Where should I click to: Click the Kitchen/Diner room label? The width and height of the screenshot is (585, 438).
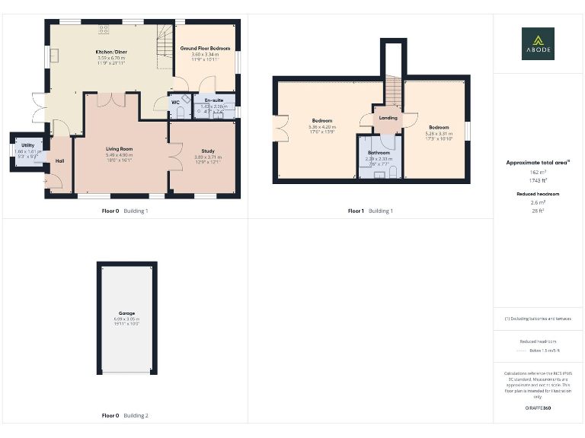click(x=112, y=52)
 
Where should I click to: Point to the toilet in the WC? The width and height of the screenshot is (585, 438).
click(x=181, y=113)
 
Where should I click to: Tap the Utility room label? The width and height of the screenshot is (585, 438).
click(x=27, y=144)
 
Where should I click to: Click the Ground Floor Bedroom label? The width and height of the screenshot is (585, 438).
click(x=205, y=48)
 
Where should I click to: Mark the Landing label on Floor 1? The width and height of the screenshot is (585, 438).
click(x=388, y=118)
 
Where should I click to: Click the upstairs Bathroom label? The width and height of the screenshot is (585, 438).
click(x=379, y=152)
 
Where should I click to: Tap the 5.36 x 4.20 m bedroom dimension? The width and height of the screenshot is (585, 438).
click(x=321, y=127)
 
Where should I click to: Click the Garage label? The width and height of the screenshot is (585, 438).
click(x=126, y=313)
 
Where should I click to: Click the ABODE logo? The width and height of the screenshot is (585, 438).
click(x=538, y=43)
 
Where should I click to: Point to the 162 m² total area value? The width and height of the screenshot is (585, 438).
click(x=538, y=173)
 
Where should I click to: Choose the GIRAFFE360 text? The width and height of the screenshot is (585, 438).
click(x=538, y=408)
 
